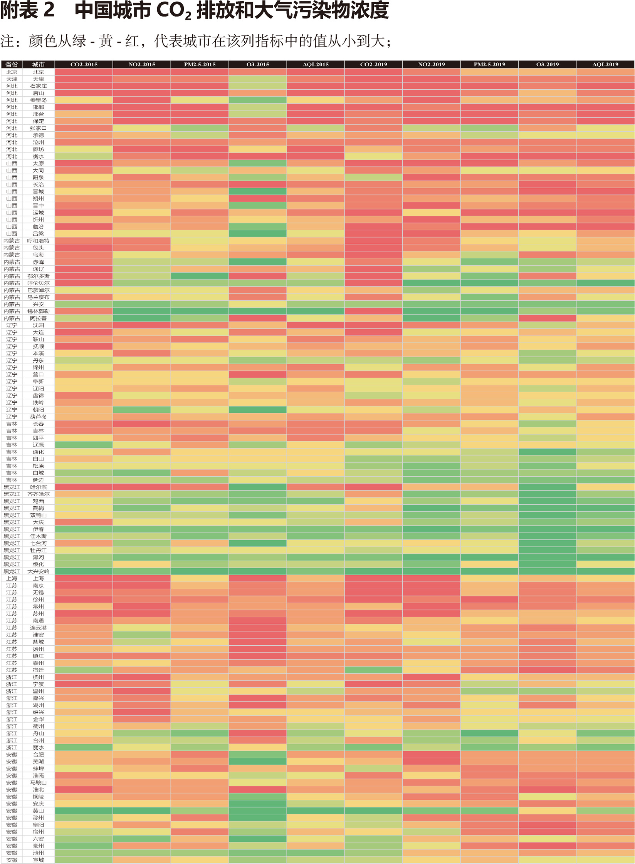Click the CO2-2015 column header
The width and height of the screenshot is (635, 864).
[84, 64]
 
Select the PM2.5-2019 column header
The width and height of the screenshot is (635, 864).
[489, 64]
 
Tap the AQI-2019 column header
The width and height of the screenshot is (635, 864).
[605, 64]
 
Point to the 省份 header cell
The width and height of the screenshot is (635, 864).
[12, 64]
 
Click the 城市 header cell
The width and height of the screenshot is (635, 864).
[38, 64]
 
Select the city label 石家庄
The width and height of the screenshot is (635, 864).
[38, 86]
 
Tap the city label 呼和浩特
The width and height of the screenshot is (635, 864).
[38, 241]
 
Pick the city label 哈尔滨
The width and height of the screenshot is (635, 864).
[38, 487]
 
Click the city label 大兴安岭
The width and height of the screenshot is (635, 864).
[38, 571]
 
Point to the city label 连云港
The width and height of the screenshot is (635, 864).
[38, 628]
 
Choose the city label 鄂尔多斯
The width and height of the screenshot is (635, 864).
[38, 276]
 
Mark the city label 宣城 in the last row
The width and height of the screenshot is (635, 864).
[38, 860]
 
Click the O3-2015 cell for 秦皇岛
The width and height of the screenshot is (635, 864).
[257, 100]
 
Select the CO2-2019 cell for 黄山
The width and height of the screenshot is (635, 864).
[373, 811]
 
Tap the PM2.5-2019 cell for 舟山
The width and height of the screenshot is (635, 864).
[489, 733]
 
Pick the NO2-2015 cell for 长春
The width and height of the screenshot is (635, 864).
[141, 424]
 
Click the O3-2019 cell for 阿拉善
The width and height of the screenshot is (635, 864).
[547, 318]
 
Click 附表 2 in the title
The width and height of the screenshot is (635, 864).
[27, 10]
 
